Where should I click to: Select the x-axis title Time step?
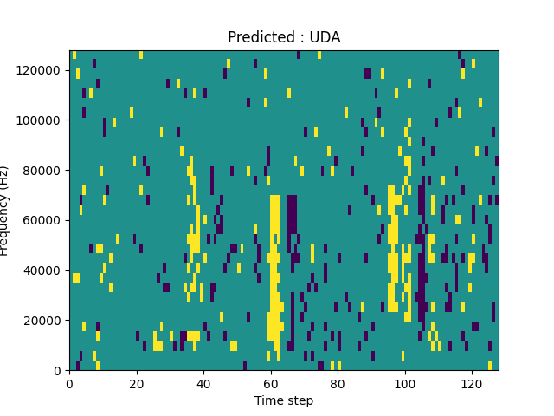(x=284, y=400)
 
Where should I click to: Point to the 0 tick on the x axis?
(x=69, y=382)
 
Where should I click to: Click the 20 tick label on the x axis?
(x=136, y=382)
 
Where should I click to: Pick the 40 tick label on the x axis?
(x=203, y=382)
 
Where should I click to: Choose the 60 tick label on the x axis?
(x=270, y=382)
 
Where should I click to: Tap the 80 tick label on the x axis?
(x=338, y=382)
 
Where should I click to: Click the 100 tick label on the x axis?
(x=404, y=382)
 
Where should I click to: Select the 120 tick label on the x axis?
(x=471, y=382)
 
